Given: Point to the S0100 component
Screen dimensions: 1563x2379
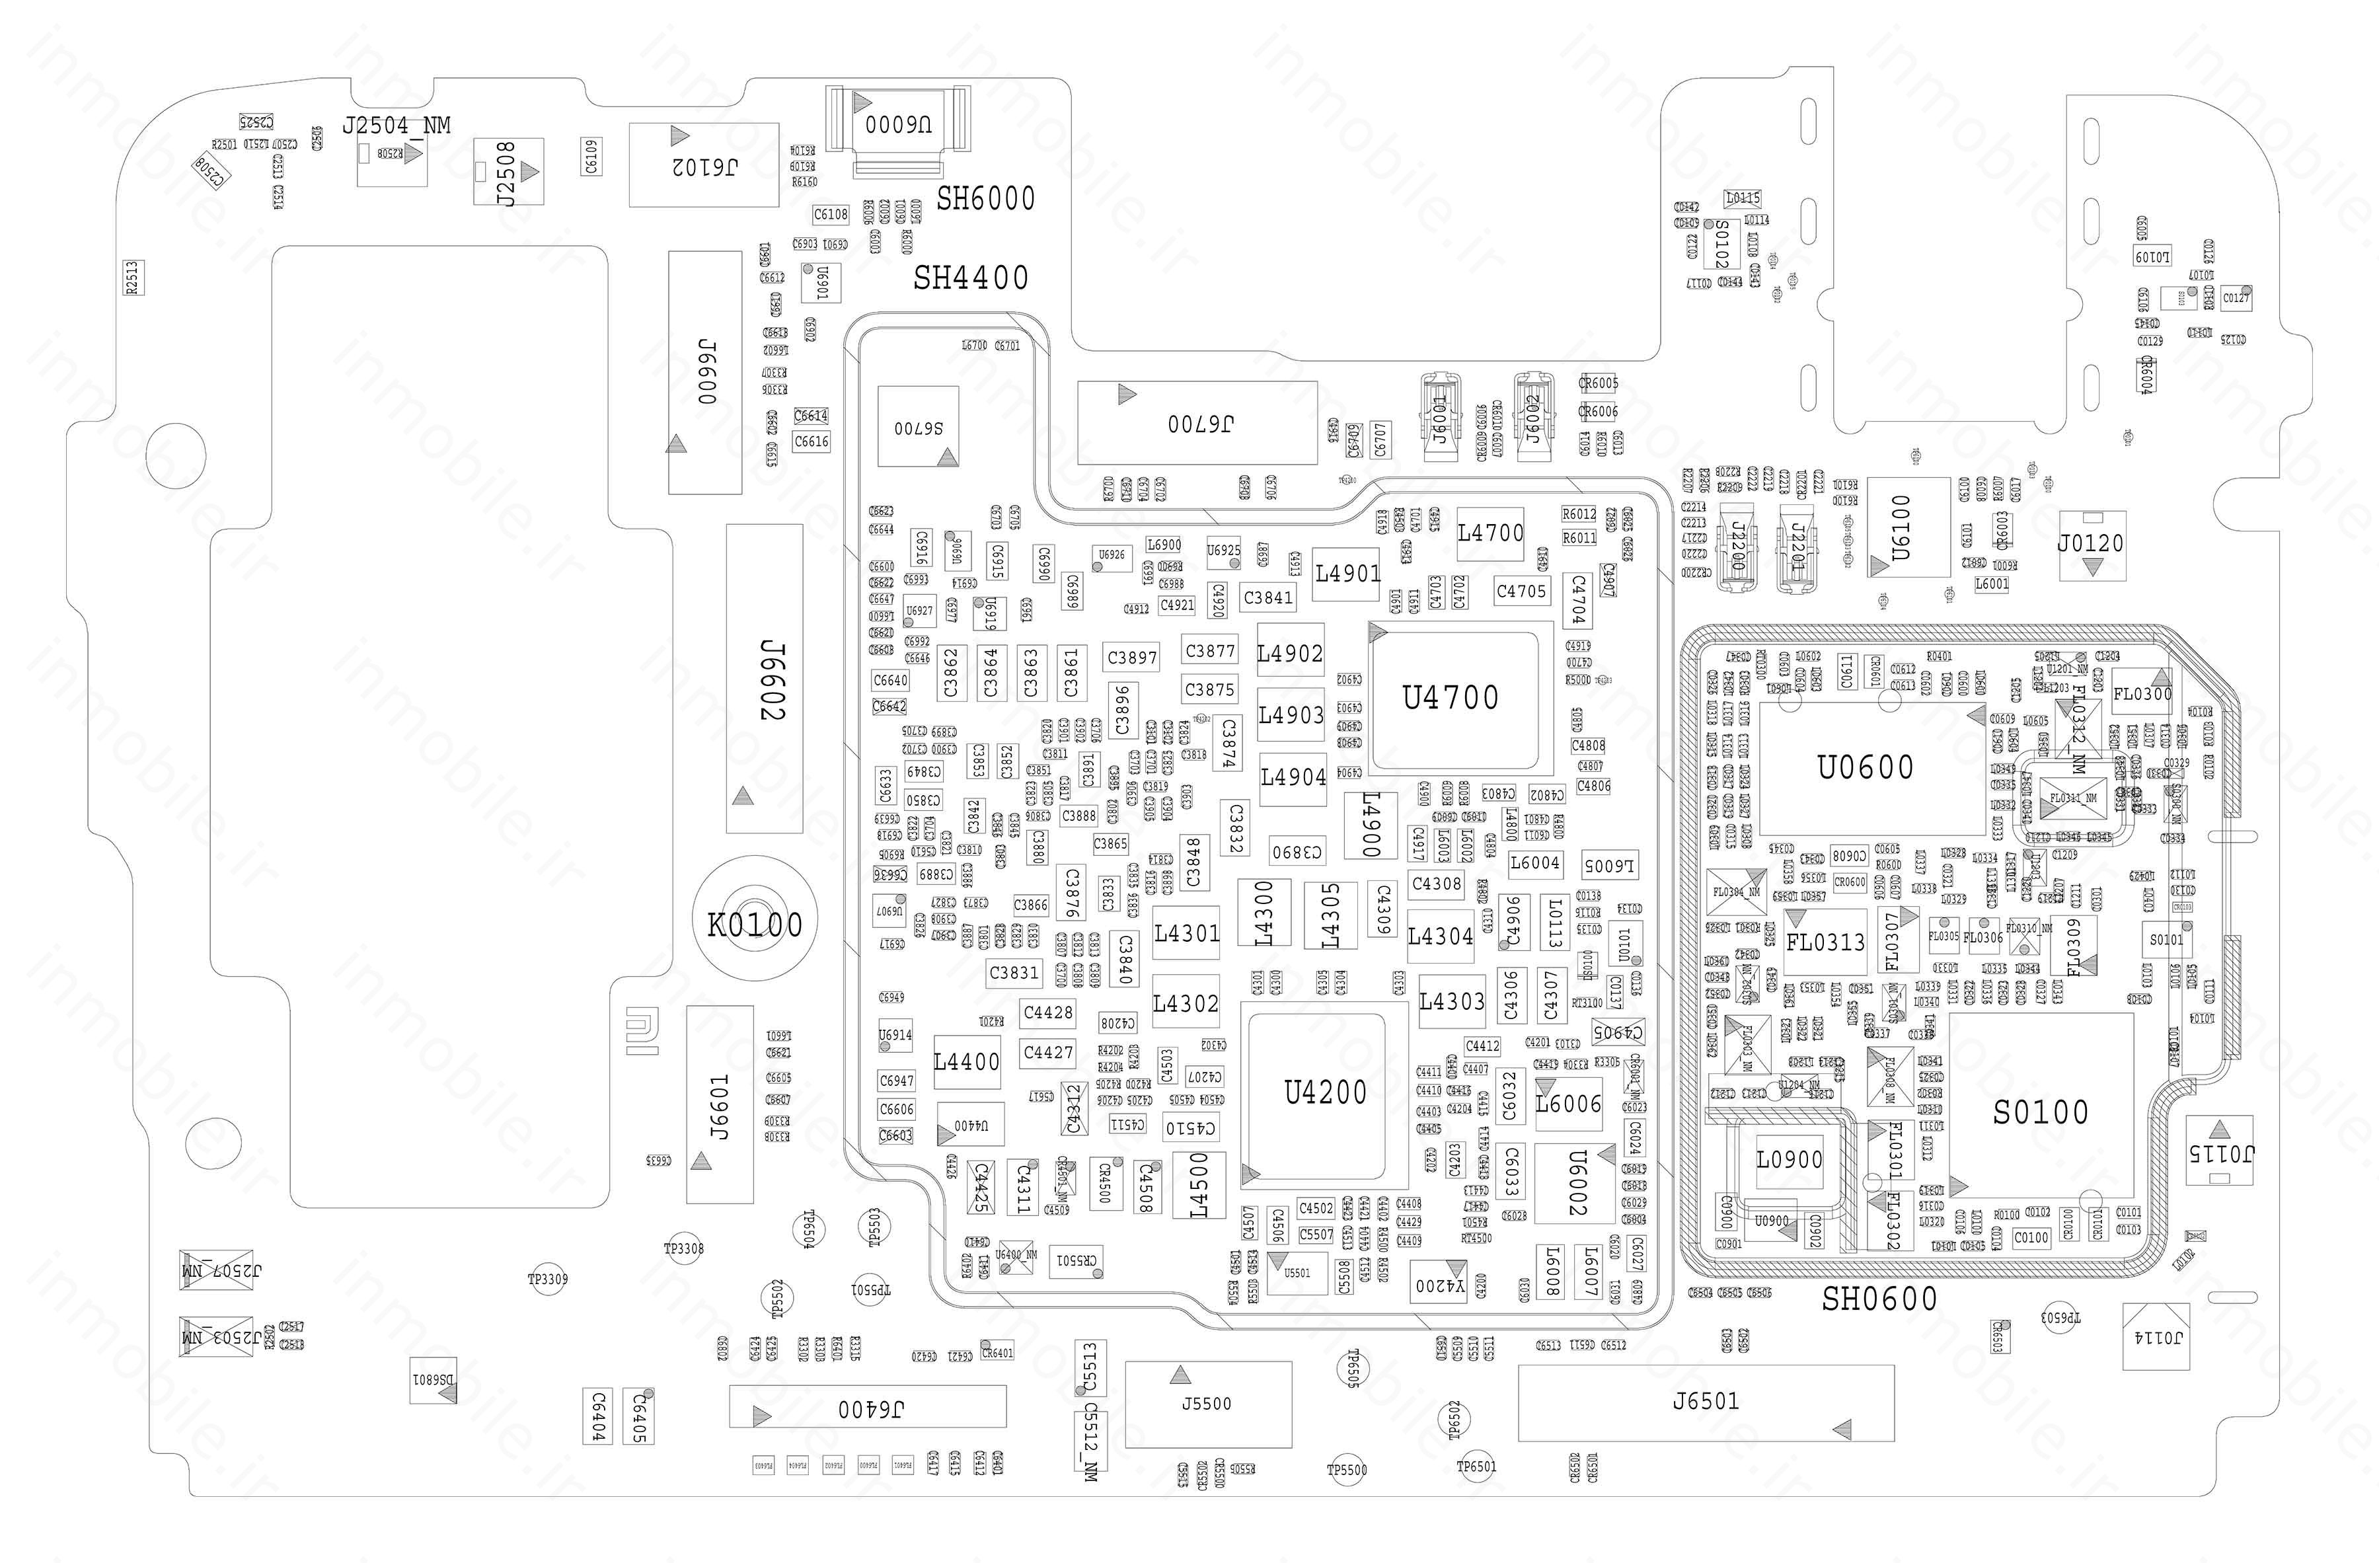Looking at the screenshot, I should pyautogui.click(x=2040, y=1112).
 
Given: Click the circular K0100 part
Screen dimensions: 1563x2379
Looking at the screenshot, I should pyautogui.click(x=755, y=925).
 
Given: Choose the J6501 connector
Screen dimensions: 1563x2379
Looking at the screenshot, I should pyautogui.click(x=1706, y=1402).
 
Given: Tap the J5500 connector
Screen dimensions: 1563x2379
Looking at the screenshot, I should pyautogui.click(x=1207, y=1404).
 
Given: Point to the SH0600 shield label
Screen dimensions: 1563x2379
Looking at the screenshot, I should pyautogui.click(x=1879, y=1299).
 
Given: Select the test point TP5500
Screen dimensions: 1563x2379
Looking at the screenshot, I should pyautogui.click(x=1346, y=1470).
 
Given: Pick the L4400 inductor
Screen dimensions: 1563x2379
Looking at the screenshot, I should pyautogui.click(x=965, y=1061).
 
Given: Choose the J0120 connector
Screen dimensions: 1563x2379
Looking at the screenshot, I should pyautogui.click(x=2091, y=545).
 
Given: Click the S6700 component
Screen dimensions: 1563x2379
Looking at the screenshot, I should pyautogui.click(x=918, y=427).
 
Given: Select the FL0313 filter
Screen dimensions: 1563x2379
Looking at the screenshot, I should pyautogui.click(x=1825, y=941).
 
